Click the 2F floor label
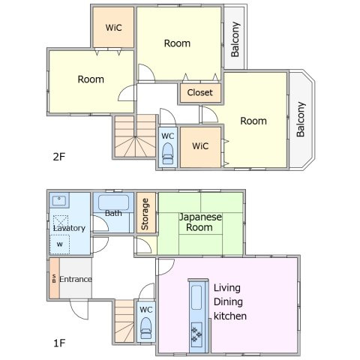(x=59, y=157)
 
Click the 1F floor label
(x=59, y=343)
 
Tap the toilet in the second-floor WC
(x=168, y=154)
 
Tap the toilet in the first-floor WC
(x=146, y=328)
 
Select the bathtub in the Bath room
(x=113, y=202)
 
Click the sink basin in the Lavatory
(x=59, y=200)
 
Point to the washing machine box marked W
(x=59, y=244)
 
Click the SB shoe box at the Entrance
(x=54, y=278)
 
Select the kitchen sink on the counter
(x=196, y=298)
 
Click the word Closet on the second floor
(x=199, y=92)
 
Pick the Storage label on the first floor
(x=145, y=214)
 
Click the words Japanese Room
(x=200, y=222)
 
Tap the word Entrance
(x=76, y=279)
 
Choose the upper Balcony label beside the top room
(x=235, y=39)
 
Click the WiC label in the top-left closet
(x=113, y=28)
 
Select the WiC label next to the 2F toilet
(x=200, y=145)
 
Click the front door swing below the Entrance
(x=79, y=310)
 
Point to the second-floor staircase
(x=135, y=136)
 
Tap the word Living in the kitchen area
(x=227, y=288)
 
